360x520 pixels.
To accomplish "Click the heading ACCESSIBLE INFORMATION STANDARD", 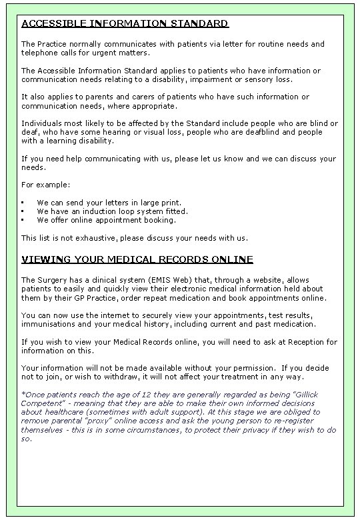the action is coord(125,24).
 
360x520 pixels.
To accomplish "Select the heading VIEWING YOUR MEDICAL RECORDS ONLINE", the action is coord(137,259).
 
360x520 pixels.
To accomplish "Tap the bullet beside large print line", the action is coord(23,202).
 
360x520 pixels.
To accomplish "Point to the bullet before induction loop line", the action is coord(23,211).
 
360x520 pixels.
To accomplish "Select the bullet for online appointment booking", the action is coord(23,220).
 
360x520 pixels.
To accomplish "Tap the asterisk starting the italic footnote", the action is coord(23,393).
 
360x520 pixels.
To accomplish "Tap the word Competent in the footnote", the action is coord(41,403).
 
